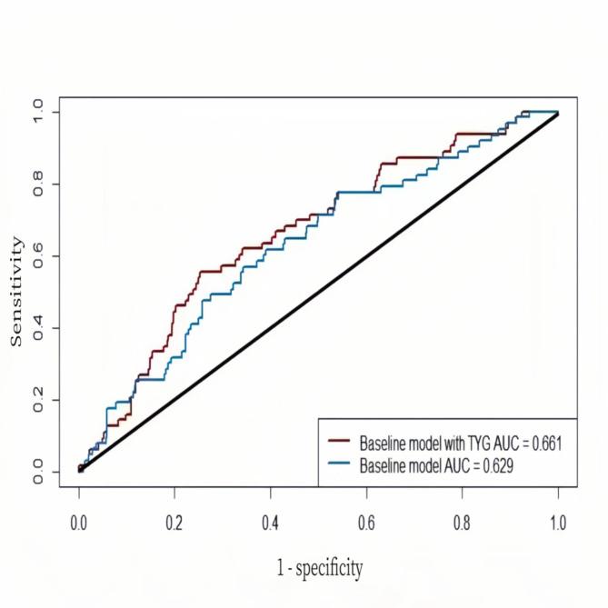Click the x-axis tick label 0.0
79,524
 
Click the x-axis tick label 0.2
174,524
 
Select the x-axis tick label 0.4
270,524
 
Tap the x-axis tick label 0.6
366,524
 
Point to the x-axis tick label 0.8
462,524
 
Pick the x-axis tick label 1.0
557,524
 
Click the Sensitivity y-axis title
15,291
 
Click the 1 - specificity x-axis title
319,569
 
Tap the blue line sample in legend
341,465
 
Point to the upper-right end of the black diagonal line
557,114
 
